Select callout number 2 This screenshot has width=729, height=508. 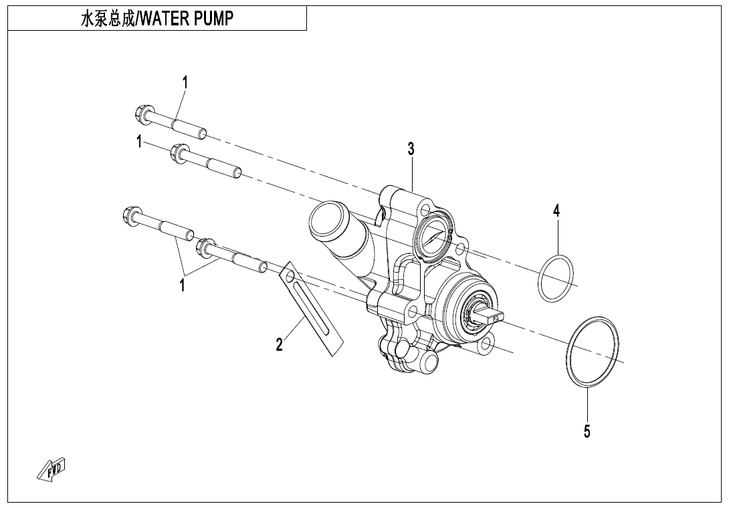[x=280, y=344]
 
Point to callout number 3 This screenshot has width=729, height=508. [x=411, y=149]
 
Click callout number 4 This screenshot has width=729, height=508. [x=556, y=211]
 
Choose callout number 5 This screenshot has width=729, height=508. [x=587, y=432]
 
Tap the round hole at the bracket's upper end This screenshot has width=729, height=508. [x=288, y=274]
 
